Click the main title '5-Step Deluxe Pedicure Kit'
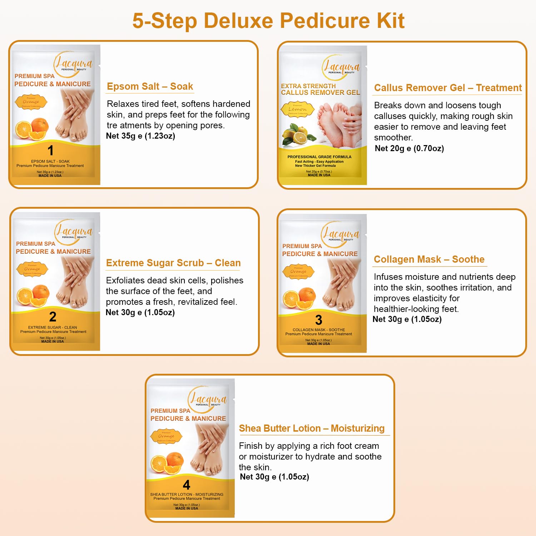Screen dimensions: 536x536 pos(268,21)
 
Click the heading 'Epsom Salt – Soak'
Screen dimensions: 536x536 pos(150,86)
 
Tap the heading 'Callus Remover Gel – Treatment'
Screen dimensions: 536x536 pos(447,88)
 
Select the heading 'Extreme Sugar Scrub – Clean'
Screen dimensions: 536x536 pos(173,263)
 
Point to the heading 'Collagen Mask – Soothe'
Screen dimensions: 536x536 pos(429,259)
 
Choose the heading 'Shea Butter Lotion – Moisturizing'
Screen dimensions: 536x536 pos(312,428)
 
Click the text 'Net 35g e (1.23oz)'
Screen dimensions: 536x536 pos(140,136)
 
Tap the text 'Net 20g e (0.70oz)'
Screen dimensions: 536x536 pos(409,148)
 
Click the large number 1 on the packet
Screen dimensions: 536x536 pos(51,150)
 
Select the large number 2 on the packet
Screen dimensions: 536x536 pos(53,317)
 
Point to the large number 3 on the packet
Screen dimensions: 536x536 pos(318,320)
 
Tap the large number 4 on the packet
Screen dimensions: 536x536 pos(186,485)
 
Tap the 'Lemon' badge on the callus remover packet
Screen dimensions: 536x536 pos(297,109)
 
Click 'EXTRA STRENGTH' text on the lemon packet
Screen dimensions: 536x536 pos(308,86)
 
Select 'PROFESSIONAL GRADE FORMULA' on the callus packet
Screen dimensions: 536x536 pos(319,157)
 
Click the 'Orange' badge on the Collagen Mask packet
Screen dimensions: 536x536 pos(298,272)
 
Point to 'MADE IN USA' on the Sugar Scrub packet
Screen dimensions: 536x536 pos(53,342)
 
